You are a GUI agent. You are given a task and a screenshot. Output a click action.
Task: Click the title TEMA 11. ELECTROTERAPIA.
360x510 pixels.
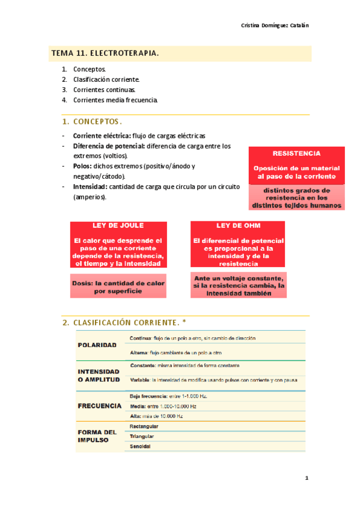pyautogui.click(x=105, y=54)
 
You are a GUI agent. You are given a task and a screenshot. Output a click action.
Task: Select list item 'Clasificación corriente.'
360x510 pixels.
pyautogui.click(x=106, y=79)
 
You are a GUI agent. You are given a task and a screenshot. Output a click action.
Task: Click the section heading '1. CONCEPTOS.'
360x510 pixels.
pyautogui.click(x=93, y=121)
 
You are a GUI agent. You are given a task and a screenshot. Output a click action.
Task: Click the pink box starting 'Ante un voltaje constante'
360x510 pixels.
pyautogui.click(x=239, y=286)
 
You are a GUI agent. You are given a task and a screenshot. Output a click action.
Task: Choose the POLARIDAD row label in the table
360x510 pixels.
pyautogui.click(x=97, y=345)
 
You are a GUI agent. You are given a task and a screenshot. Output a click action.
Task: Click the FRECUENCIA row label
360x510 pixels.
pyautogui.click(x=100, y=406)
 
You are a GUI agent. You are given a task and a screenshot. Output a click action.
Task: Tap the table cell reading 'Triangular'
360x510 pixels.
pyautogui.click(x=142, y=436)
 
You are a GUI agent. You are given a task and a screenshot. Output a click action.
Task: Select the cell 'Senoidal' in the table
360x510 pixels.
pyautogui.click(x=140, y=447)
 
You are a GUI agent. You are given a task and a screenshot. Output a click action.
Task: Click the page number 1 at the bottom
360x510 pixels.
pyautogui.click(x=306, y=479)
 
